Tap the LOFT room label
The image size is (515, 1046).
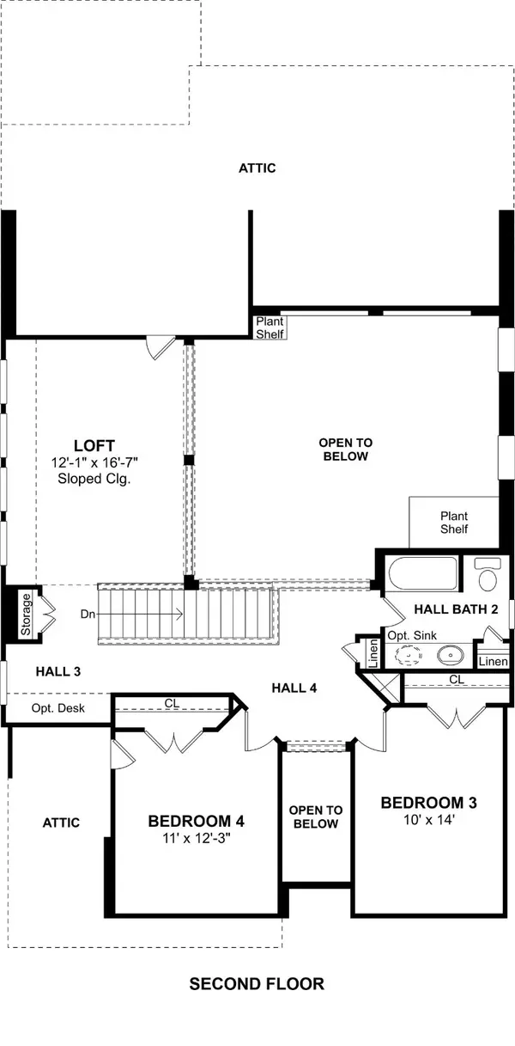pyautogui.click(x=94, y=445)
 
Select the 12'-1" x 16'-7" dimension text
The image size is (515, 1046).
pyautogui.click(x=94, y=462)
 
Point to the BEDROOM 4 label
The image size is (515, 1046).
pyautogui.click(x=190, y=820)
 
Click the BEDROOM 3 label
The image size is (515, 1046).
pyautogui.click(x=428, y=803)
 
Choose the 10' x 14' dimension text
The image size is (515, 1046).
pyautogui.click(x=428, y=821)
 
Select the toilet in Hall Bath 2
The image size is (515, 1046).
pyautogui.click(x=488, y=575)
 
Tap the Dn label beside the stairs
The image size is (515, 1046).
pyautogui.click(x=88, y=615)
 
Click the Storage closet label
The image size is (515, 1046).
pyautogui.click(x=26, y=613)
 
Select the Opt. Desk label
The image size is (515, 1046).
pyautogui.click(x=58, y=708)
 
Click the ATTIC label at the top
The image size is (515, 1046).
pyautogui.click(x=257, y=168)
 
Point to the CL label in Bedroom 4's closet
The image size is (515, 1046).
pyautogui.click(x=172, y=703)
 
